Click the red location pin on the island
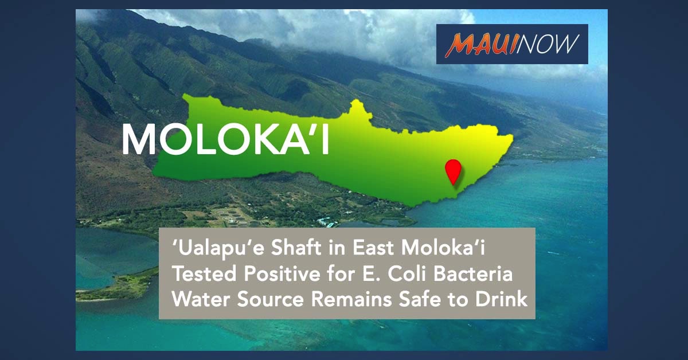coord(454,171)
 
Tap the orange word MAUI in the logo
coord(480,45)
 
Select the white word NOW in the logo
coord(548,44)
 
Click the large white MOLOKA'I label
coord(226,139)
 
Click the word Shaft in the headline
coord(296,248)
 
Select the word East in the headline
coord(373,248)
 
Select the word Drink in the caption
coord(502,299)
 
